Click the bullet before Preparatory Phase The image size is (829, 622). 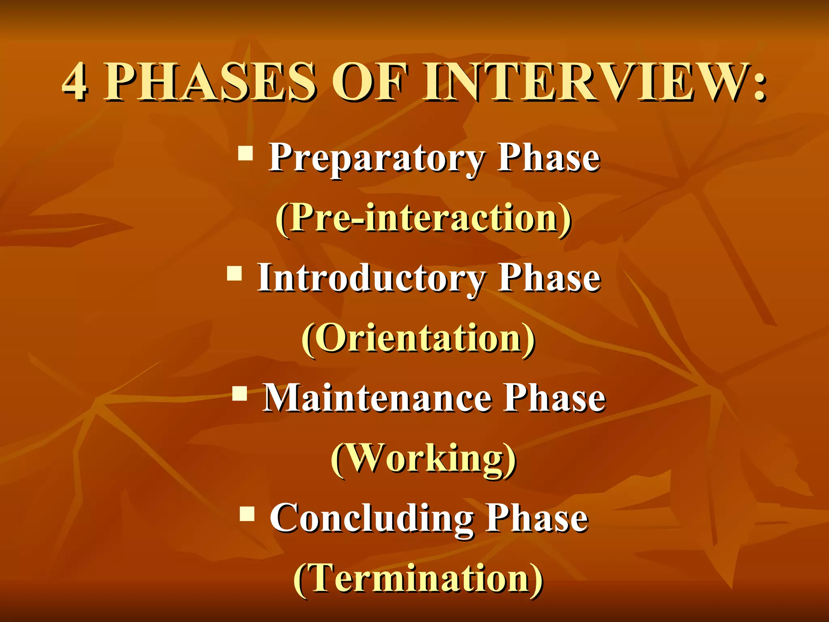[x=245, y=153]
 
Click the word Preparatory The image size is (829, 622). [x=376, y=159]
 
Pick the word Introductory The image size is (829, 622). [x=371, y=279]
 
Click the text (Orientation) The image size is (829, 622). [x=419, y=339]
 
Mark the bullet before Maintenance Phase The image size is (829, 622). [x=240, y=393]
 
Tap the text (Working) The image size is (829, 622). [x=423, y=459]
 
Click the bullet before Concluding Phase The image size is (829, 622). [x=247, y=513]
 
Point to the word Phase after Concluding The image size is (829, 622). [x=537, y=518]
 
